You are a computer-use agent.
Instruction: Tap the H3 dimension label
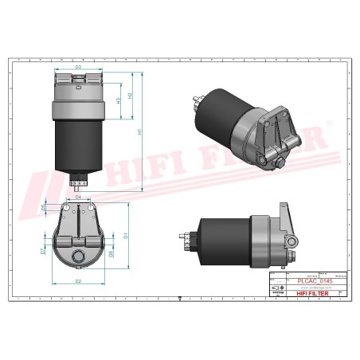click(x=119, y=101)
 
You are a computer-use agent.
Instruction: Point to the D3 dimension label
click(x=79, y=68)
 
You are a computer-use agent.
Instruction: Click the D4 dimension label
click(x=78, y=196)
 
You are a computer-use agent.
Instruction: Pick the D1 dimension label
click(x=126, y=237)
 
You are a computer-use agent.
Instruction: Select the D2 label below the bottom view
click(x=78, y=282)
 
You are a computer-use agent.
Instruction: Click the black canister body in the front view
click(x=79, y=143)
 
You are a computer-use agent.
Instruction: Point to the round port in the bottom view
click(x=79, y=257)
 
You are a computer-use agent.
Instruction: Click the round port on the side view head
click(x=292, y=239)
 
